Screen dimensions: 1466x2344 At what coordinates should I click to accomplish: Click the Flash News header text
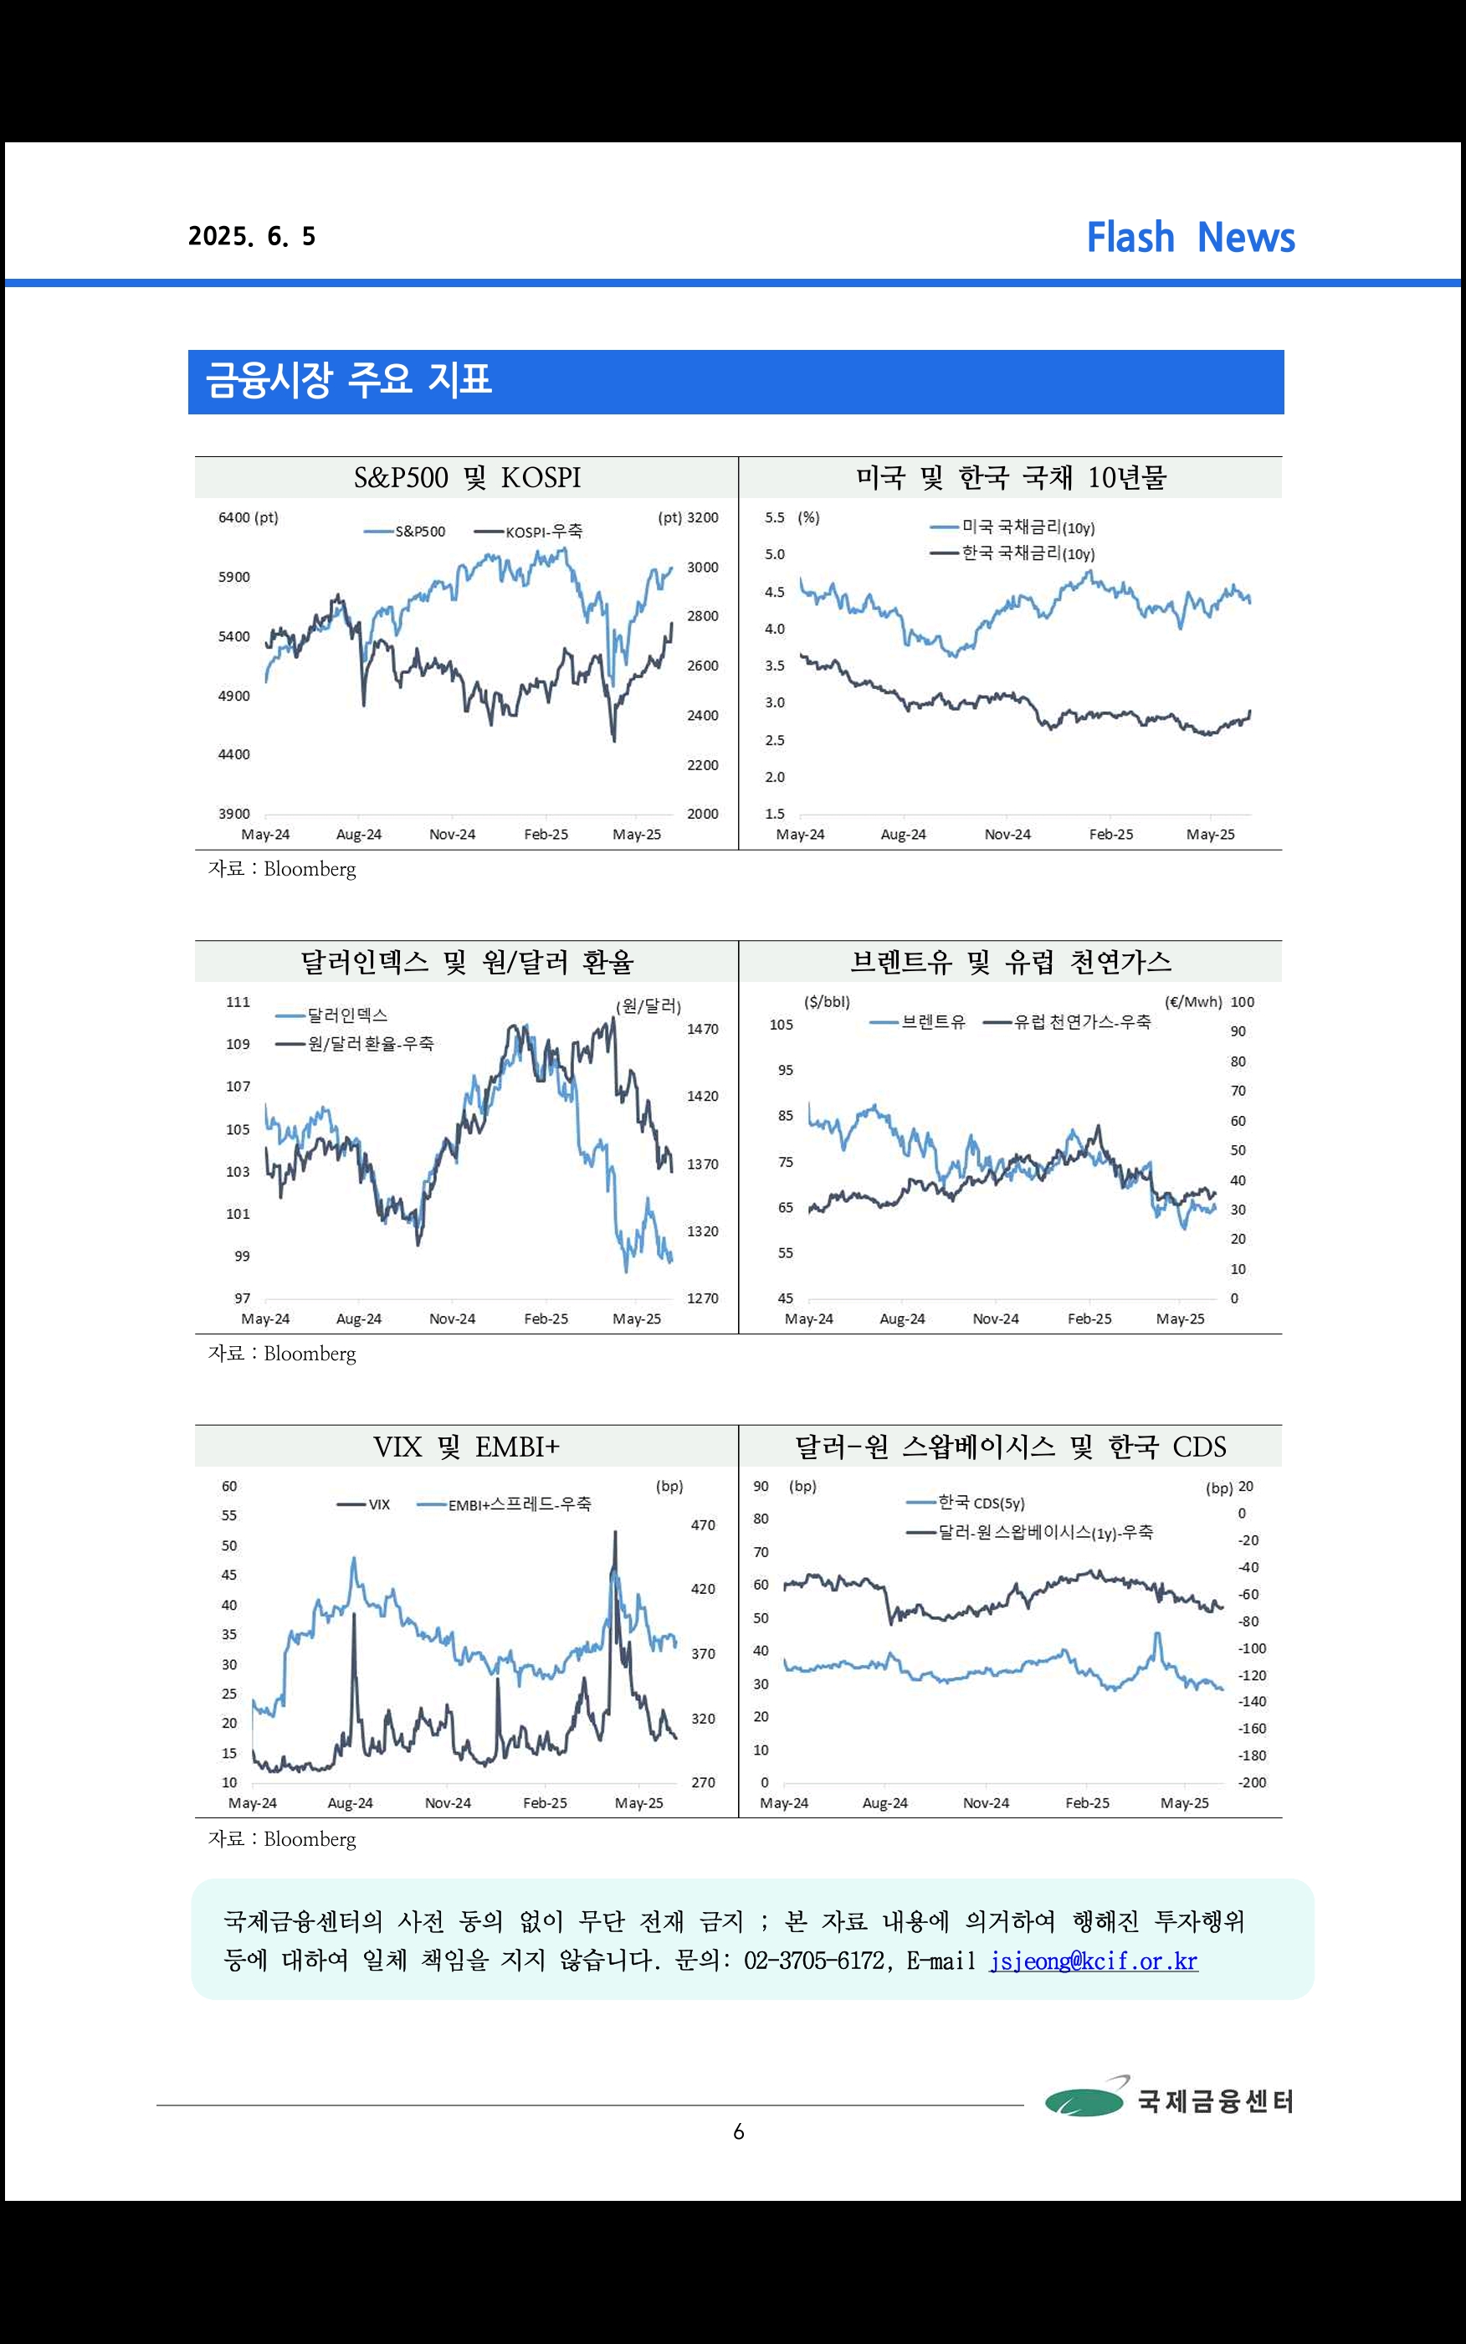(1190, 238)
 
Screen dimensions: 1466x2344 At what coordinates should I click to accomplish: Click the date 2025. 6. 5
(252, 237)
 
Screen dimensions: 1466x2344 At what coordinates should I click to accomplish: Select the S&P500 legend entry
(405, 532)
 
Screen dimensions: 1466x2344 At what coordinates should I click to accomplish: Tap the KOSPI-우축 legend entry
(530, 532)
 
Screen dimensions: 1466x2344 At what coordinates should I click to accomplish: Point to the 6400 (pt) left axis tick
(249, 518)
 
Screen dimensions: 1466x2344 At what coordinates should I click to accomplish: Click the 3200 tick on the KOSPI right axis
(703, 518)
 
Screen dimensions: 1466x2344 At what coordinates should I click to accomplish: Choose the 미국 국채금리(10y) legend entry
(1012, 527)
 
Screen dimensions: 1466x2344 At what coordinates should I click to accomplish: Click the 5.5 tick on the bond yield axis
(775, 518)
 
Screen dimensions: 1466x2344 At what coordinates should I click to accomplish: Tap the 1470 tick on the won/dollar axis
(703, 1029)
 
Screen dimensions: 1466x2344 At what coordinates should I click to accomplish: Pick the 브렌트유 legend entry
(918, 1022)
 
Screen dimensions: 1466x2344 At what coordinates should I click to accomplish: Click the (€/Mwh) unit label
(1192, 1002)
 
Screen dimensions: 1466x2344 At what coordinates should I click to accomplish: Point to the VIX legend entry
(364, 1504)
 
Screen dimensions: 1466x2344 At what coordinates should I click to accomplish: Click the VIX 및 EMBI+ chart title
(466, 1447)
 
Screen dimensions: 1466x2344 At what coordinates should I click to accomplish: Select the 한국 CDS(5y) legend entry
(966, 1504)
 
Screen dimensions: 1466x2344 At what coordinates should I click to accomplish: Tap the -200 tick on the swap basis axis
(1253, 1782)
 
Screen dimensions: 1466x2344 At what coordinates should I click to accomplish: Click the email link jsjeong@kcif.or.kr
(1094, 1961)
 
